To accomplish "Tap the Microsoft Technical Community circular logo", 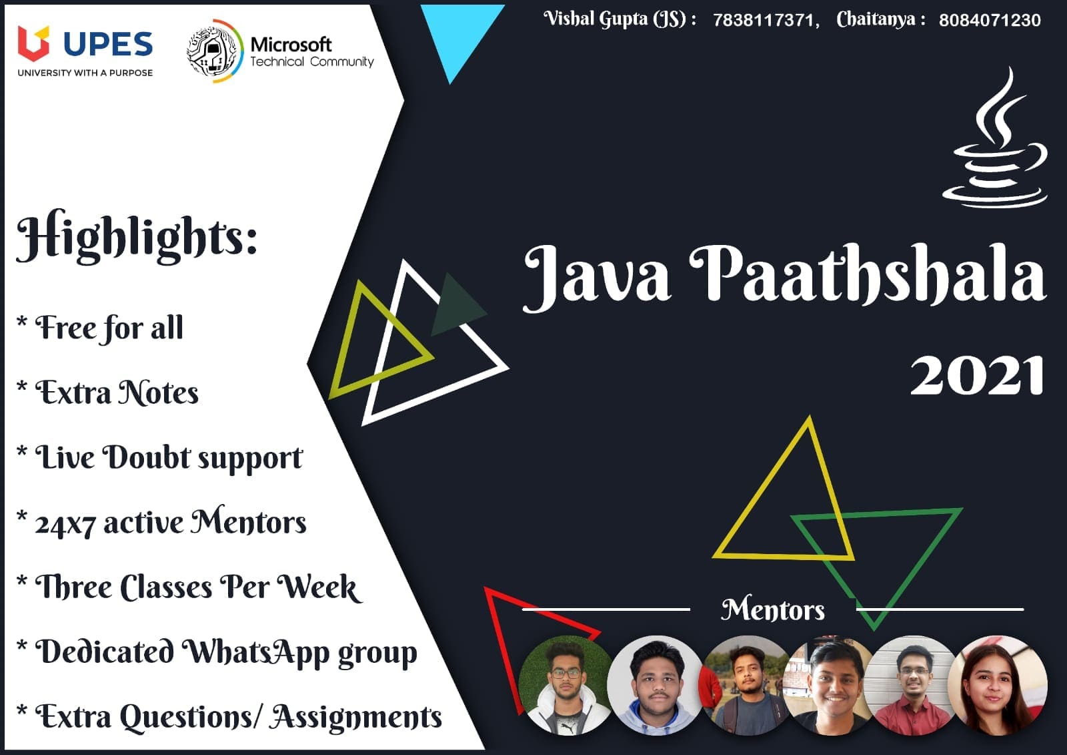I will [214, 51].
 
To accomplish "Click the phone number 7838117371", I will [766, 20].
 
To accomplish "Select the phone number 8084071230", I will [990, 20].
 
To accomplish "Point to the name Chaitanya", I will [876, 19].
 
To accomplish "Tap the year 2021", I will [976, 376].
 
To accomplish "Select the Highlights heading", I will [137, 237].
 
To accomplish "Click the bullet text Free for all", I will [109, 328].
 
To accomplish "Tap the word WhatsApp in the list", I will [256, 652].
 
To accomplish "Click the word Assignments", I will [357, 717].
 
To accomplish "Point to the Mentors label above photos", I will [773, 609].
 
